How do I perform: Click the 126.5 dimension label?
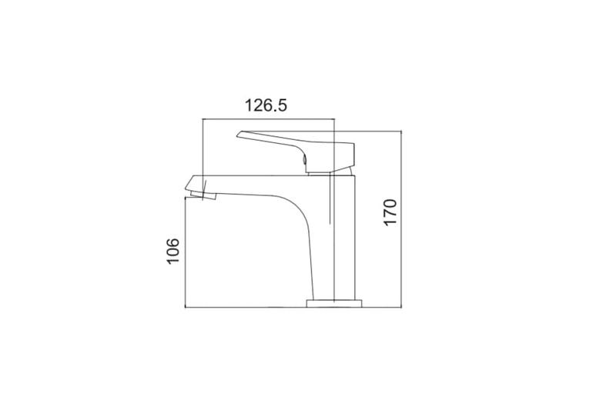coord(266,105)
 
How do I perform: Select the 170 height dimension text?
coord(390,212)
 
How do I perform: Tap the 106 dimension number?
coord(173,252)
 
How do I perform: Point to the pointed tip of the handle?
coord(237,135)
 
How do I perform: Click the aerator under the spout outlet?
coord(203,195)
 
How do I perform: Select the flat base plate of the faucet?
coord(334,303)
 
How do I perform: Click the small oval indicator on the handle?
coord(304,161)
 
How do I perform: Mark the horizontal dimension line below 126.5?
coord(269,119)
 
